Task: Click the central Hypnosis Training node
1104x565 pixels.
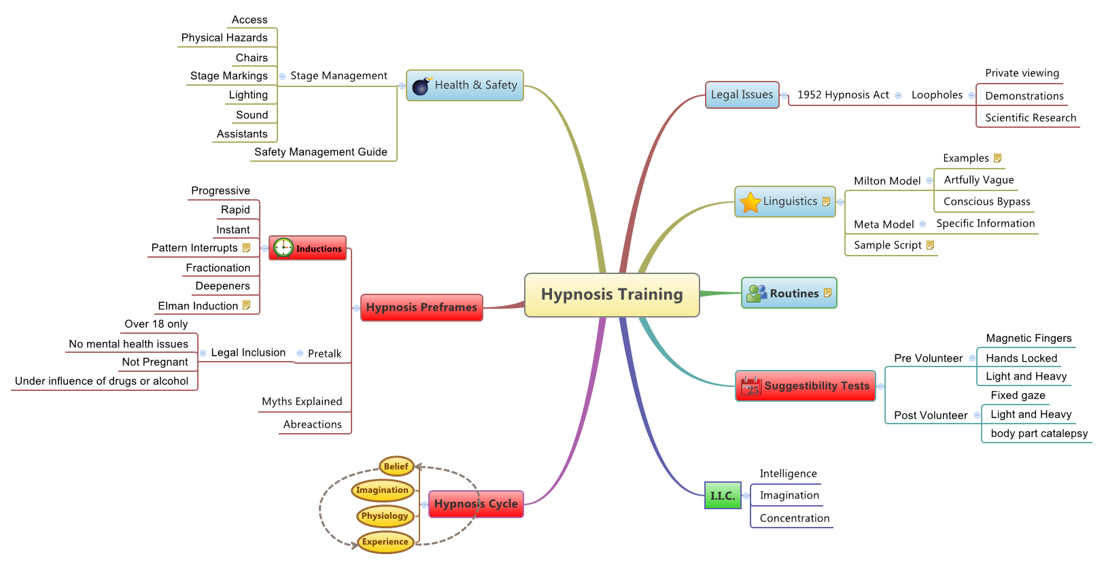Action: pos(612,294)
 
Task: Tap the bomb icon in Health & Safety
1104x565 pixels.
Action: pos(421,86)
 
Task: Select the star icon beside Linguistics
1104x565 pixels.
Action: pos(750,202)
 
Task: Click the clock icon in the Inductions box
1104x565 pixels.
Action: pos(283,248)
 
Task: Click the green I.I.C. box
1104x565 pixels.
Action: pos(723,496)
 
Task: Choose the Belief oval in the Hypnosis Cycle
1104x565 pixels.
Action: pos(396,466)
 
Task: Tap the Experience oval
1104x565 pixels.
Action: pos(385,542)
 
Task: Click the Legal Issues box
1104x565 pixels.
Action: pos(742,95)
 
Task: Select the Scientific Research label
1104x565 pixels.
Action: pos(1030,118)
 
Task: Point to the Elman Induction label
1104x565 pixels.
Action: pos(198,306)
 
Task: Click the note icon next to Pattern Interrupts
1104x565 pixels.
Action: pos(246,248)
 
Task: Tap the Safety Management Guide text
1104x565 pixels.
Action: pos(320,152)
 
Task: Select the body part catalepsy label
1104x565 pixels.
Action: pos(1038,433)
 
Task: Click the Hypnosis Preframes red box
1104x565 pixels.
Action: pos(421,307)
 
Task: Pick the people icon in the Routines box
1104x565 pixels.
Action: pos(756,294)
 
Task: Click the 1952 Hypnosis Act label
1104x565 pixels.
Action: pos(842,95)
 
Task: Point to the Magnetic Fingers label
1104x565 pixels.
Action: pos(1028,339)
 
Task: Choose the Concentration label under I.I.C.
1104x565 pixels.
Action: pos(794,518)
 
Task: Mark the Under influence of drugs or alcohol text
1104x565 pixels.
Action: pos(101,381)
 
